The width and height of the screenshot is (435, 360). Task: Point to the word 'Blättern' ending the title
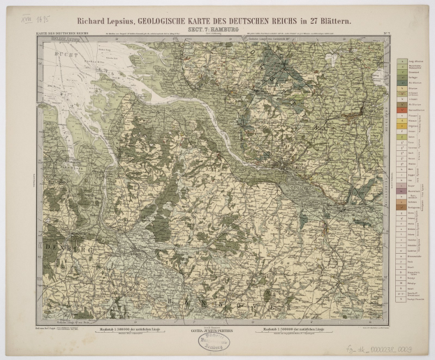(336, 21)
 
